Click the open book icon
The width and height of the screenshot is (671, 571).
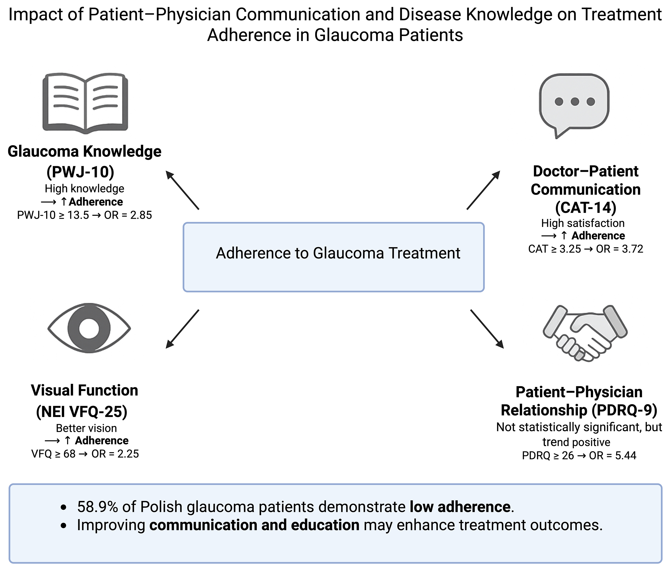[85, 103]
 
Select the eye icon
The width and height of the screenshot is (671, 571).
[89, 328]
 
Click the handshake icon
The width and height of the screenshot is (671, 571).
[585, 333]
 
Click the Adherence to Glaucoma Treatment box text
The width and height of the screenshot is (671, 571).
[338, 253]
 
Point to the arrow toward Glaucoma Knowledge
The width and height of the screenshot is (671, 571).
[182, 190]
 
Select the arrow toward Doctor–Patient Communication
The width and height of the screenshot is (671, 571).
[483, 190]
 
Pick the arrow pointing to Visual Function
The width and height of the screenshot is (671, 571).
[182, 329]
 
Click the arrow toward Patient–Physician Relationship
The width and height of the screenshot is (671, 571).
[487, 329]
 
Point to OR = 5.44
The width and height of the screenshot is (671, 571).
[612, 455]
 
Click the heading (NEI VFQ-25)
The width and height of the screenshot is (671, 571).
[82, 412]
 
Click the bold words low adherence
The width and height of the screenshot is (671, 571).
[460, 507]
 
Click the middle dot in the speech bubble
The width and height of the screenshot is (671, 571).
[575, 102]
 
